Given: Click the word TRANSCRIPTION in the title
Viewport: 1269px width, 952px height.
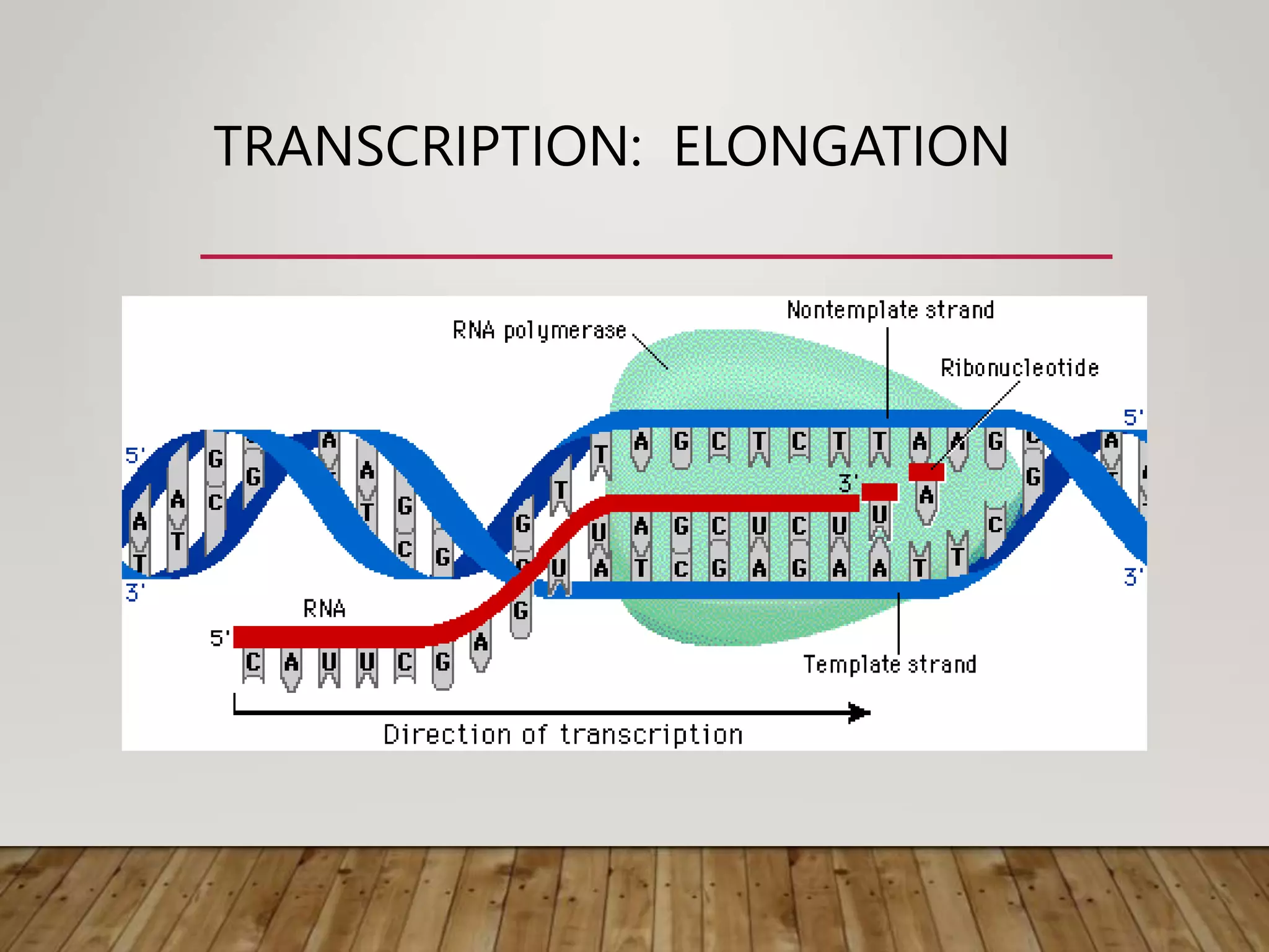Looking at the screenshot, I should [x=428, y=147].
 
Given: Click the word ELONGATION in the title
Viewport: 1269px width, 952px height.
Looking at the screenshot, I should [x=841, y=147].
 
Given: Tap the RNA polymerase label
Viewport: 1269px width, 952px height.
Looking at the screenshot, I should [x=539, y=330].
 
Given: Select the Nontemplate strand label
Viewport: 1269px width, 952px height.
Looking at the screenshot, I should [x=890, y=310].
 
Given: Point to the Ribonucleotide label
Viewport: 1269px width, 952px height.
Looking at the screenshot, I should [x=1019, y=368].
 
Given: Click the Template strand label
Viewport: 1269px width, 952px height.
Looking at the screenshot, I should [x=890, y=664].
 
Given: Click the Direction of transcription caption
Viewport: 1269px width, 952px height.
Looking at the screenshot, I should [x=563, y=735].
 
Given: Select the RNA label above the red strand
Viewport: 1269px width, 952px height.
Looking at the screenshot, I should [x=324, y=609].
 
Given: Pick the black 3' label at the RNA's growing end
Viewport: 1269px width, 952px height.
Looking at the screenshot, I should [x=848, y=483].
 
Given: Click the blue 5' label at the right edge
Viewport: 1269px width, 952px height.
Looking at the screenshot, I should [x=1133, y=417].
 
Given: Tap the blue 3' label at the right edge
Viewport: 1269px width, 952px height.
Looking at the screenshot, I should [x=1133, y=577].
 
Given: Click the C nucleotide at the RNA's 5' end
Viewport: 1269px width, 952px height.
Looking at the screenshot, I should [x=253, y=663].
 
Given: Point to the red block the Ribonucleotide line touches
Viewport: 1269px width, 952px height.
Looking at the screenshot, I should [x=926, y=472].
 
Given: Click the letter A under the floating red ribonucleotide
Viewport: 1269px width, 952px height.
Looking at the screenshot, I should [x=926, y=496].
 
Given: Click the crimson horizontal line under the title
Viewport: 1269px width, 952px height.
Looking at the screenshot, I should [x=656, y=256].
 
